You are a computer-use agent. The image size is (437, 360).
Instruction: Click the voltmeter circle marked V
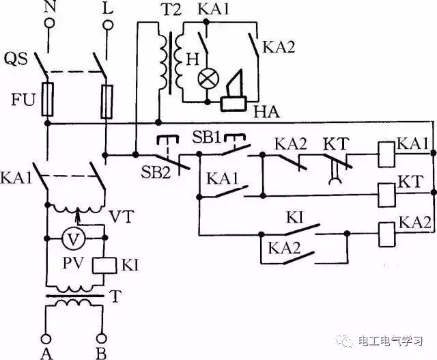tap(72, 239)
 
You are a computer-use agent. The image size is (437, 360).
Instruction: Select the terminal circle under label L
tap(107, 25)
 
